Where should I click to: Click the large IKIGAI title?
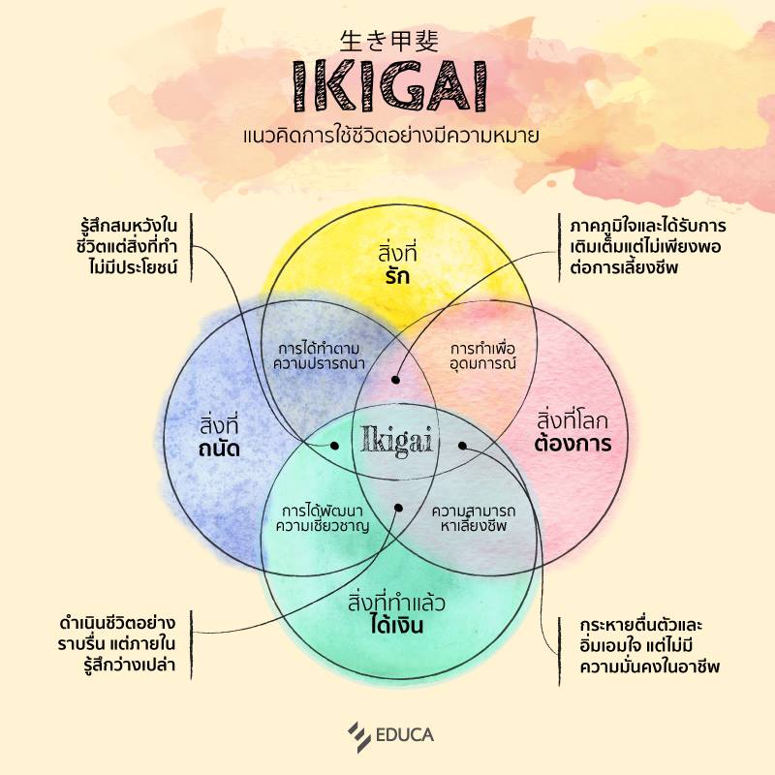tap(390, 86)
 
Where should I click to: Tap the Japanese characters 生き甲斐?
tap(389, 41)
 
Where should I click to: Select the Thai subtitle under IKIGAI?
tap(390, 136)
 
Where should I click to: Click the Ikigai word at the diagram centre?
tap(397, 440)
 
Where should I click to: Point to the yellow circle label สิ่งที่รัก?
tap(397, 264)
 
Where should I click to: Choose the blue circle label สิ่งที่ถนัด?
tap(220, 437)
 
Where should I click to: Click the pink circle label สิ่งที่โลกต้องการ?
tap(573, 431)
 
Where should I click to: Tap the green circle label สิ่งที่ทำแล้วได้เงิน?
tap(396, 613)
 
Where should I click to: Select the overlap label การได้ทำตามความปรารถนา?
tap(319, 356)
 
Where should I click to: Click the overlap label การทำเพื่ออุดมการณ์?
tap(482, 356)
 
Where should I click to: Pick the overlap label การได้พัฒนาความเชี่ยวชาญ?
tap(323, 517)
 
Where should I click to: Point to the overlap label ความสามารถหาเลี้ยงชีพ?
tap(474, 517)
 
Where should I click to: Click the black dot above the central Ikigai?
tap(395, 380)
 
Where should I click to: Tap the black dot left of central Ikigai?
tap(334, 446)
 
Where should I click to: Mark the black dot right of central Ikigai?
tap(463, 446)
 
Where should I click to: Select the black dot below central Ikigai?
tap(399, 508)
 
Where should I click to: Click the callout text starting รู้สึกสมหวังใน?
tap(127, 247)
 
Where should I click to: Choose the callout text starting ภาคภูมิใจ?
tap(648, 247)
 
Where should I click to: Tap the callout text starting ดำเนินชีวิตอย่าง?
tap(116, 644)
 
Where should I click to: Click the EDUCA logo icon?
tap(359, 736)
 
